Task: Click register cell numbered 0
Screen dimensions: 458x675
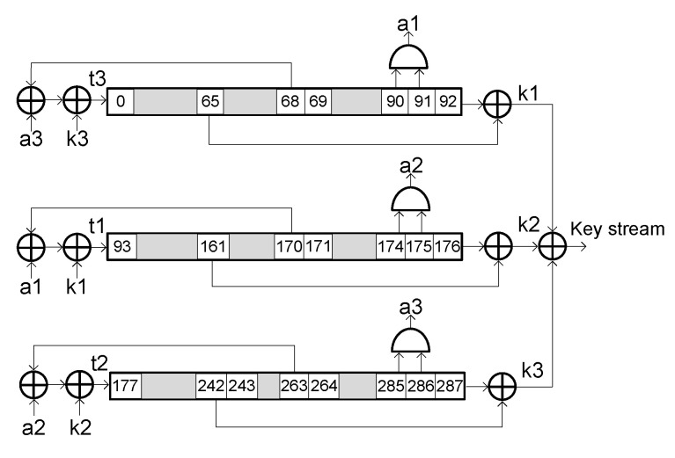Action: pyautogui.click(x=121, y=102)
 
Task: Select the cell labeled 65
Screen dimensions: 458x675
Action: pyautogui.click(x=209, y=102)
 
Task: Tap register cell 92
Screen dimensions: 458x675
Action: pyautogui.click(x=447, y=102)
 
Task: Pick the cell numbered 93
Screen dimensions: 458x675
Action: pyautogui.click(x=121, y=245)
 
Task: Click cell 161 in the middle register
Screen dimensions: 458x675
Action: pyautogui.click(x=212, y=245)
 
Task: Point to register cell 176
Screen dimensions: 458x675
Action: pyautogui.click(x=447, y=245)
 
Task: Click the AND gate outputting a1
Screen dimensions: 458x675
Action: pyautogui.click(x=409, y=56)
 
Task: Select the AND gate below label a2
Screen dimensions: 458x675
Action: pyautogui.click(x=411, y=200)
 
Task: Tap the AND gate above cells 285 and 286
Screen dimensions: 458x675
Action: pyautogui.click(x=411, y=341)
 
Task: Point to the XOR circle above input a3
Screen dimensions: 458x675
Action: pyautogui.click(x=32, y=102)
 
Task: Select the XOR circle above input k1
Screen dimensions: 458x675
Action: pyautogui.click(x=77, y=245)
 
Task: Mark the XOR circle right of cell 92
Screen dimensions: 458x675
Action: pyautogui.click(x=500, y=102)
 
